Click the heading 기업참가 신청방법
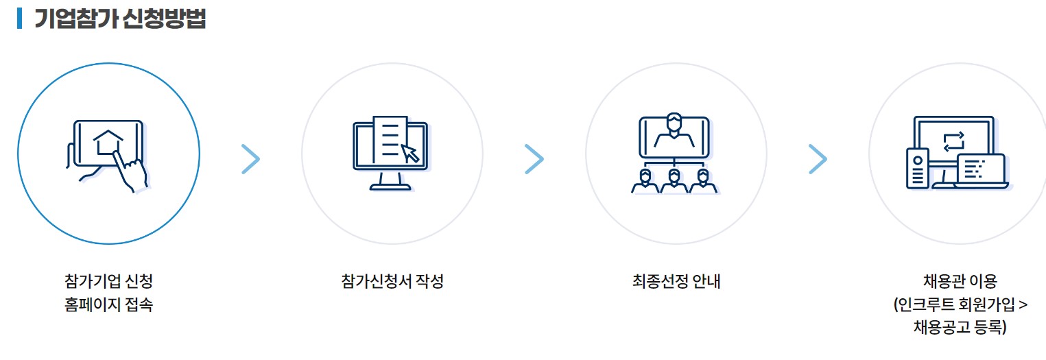click(120, 19)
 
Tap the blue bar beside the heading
click(20, 19)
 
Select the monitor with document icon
click(390, 152)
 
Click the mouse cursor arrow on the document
click(409, 153)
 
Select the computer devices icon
click(958, 153)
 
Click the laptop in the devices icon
click(982, 171)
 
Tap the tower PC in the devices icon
click(918, 168)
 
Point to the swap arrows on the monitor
click(953, 141)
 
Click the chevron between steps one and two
click(251, 159)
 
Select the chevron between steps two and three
click(534, 159)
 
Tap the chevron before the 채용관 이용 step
click(818, 159)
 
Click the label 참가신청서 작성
click(392, 281)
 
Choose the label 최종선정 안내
click(676, 281)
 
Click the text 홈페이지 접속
click(108, 304)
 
